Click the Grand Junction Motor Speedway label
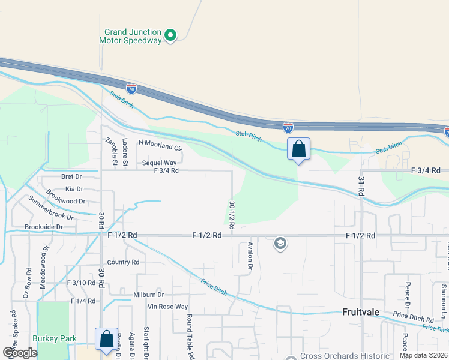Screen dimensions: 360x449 pyautogui.click(x=133, y=36)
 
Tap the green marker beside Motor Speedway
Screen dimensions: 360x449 pyautogui.click(x=170, y=35)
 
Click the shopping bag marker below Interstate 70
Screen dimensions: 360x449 pyautogui.click(x=298, y=149)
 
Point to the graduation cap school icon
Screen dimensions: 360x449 pyautogui.click(x=279, y=244)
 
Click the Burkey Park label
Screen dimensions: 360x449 pyautogui.click(x=55, y=338)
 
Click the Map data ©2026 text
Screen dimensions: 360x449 pyautogui.click(x=423, y=355)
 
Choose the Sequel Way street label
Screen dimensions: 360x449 pyautogui.click(x=159, y=163)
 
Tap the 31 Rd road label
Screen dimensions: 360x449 pyautogui.click(x=361, y=185)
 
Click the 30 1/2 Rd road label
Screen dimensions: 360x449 pyautogui.click(x=231, y=213)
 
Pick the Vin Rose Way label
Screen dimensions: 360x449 pyautogui.click(x=168, y=307)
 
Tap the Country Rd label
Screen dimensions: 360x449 pyautogui.click(x=123, y=262)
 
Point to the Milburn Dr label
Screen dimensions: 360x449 pyautogui.click(x=148, y=295)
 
